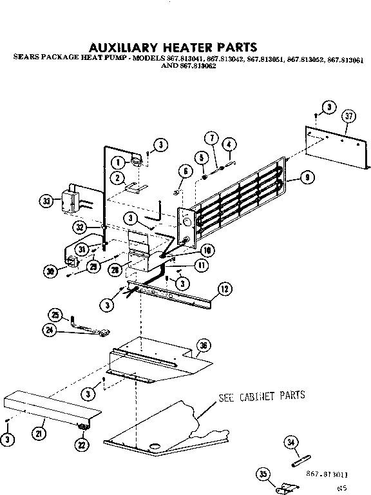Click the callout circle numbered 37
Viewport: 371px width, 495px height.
[x=348, y=116]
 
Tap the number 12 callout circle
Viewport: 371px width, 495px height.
[x=224, y=289]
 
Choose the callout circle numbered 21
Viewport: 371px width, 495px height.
[x=39, y=434]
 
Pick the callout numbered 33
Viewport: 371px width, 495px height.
[x=46, y=201]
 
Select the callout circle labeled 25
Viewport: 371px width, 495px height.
[x=55, y=315]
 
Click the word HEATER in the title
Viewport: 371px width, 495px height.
[x=177, y=47]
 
